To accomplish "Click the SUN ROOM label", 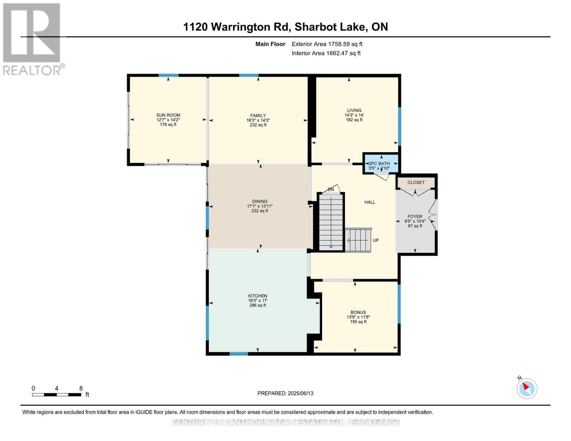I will pos(168,115).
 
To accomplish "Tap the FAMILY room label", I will pos(258,115).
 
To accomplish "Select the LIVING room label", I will pos(354,110).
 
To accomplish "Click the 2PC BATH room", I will pos(381,164).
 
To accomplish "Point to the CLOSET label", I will pos(416,182).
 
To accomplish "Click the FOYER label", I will pos(415,216).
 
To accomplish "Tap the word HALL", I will pos(370,202).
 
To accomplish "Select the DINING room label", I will pos(260,201).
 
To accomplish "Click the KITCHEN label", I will pos(257,296).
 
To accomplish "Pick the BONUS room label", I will pos(358,312).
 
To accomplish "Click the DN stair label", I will pos(331,189).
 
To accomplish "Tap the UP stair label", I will pos(376,240).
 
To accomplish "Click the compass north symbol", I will pos(527,388).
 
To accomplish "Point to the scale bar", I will pos(57,394).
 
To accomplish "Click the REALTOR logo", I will pos(32,39).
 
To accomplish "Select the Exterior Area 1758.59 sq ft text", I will pos(327,44).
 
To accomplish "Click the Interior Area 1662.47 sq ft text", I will pos(326,53).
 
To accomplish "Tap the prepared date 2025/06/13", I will pos(285,393).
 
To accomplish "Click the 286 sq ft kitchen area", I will pos(257,305).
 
